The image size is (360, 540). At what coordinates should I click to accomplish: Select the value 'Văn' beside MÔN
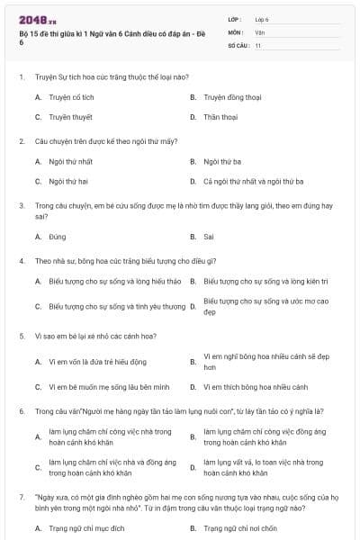[x=259, y=31]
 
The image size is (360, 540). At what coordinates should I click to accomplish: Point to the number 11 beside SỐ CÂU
[x=258, y=44]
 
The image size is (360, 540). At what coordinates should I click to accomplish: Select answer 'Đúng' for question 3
[x=58, y=237]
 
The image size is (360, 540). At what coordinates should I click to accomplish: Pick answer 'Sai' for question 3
[x=209, y=237]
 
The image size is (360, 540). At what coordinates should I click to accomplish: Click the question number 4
[x=21, y=261]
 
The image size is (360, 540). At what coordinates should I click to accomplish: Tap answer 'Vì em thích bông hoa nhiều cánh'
[x=256, y=387]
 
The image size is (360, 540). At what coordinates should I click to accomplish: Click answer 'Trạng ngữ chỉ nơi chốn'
[x=238, y=527]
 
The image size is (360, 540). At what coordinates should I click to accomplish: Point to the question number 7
[x=21, y=495]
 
